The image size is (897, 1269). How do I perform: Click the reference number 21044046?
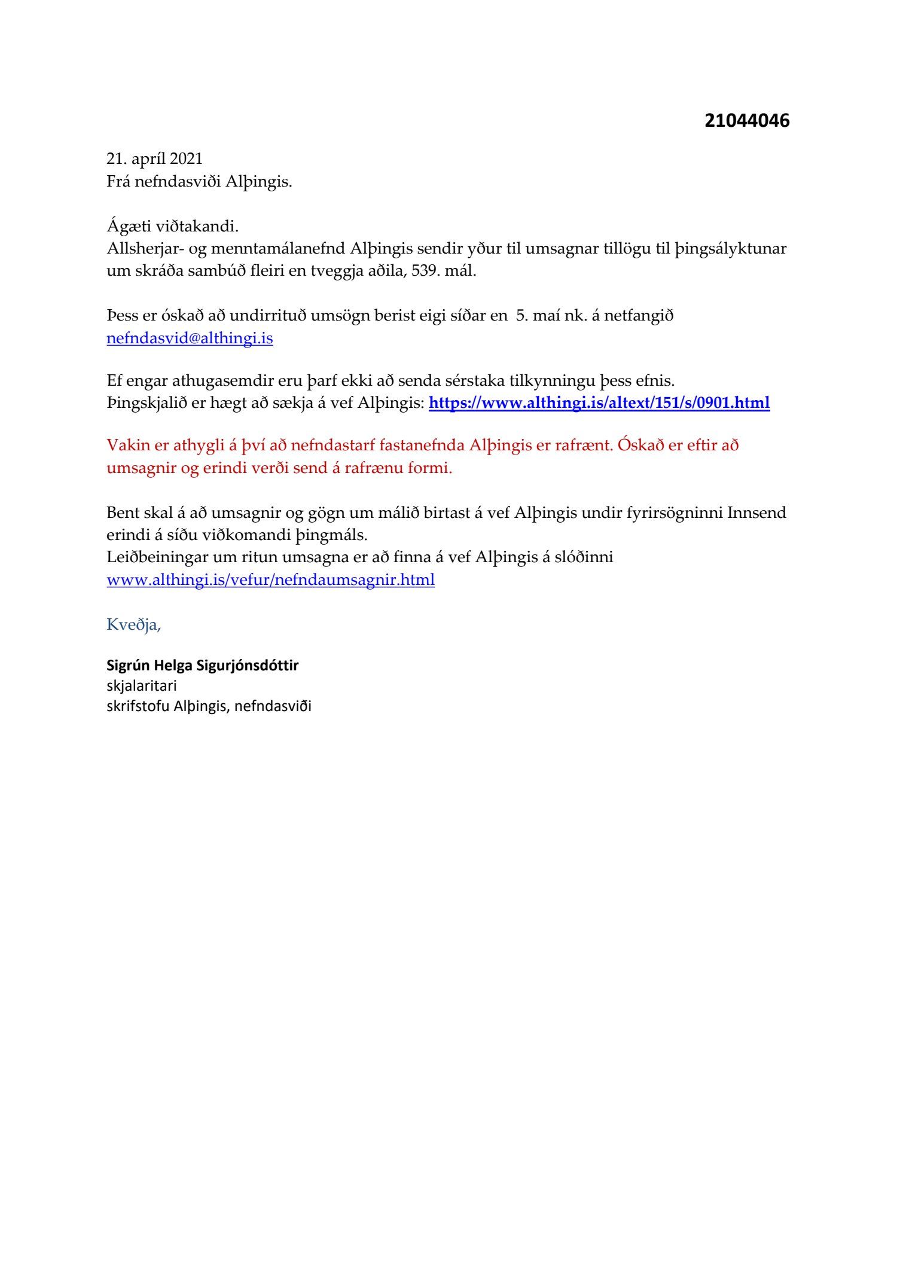pos(747,121)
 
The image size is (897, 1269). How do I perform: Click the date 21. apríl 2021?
pos(154,158)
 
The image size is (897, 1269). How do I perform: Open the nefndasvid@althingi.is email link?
pos(190,338)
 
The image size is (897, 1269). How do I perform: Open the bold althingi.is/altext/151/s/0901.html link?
pos(599,403)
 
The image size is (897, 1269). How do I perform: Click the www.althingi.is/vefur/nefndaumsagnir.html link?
pos(270,579)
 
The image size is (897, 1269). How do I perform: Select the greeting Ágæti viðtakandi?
pos(172,227)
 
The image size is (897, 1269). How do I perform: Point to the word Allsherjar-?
pos(144,249)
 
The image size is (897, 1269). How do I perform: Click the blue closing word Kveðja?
pos(133,624)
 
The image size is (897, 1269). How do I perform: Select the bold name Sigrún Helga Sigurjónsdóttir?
pos(202,665)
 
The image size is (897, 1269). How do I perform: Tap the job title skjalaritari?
pos(142,685)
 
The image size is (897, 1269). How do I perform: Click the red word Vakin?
pos(126,446)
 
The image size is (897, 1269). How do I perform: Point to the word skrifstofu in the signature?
pos(138,706)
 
